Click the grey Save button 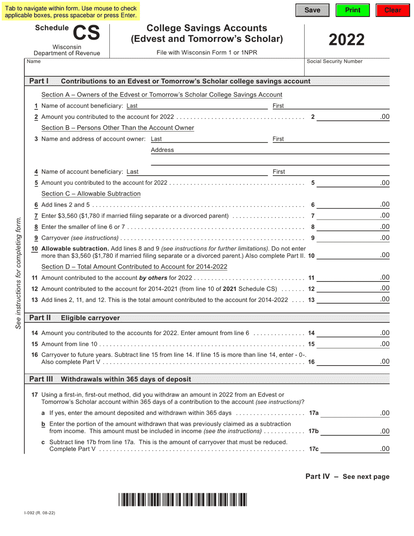tap(312, 10)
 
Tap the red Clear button tap(393, 10)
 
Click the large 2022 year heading tap(346, 40)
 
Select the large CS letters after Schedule tap(86, 32)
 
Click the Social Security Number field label tap(334, 61)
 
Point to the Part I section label tap(39, 81)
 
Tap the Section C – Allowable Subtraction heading tap(91, 193)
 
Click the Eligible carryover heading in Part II tap(90, 318)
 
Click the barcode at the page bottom tap(182, 499)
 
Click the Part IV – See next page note tap(347, 476)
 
